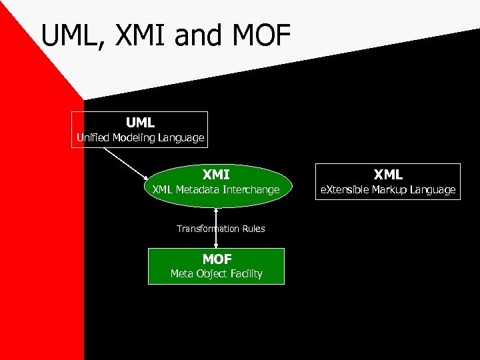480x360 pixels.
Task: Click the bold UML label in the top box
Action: coord(140,123)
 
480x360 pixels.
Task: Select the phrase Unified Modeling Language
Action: coord(140,139)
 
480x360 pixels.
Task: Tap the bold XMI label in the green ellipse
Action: coord(216,175)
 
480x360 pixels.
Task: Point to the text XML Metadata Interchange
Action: coord(216,190)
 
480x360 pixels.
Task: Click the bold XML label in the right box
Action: coord(388,175)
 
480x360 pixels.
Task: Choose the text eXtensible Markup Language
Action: coord(388,190)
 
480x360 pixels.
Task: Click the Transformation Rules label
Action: coord(221,229)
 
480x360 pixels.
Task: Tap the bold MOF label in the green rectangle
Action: coord(216,259)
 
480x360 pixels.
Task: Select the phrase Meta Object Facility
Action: coord(216,273)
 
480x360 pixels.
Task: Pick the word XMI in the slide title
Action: coord(143,37)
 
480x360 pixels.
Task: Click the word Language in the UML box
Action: coord(181,139)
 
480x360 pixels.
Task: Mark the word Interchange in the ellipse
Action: coord(251,190)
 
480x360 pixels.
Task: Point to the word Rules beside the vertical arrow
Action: coord(253,229)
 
